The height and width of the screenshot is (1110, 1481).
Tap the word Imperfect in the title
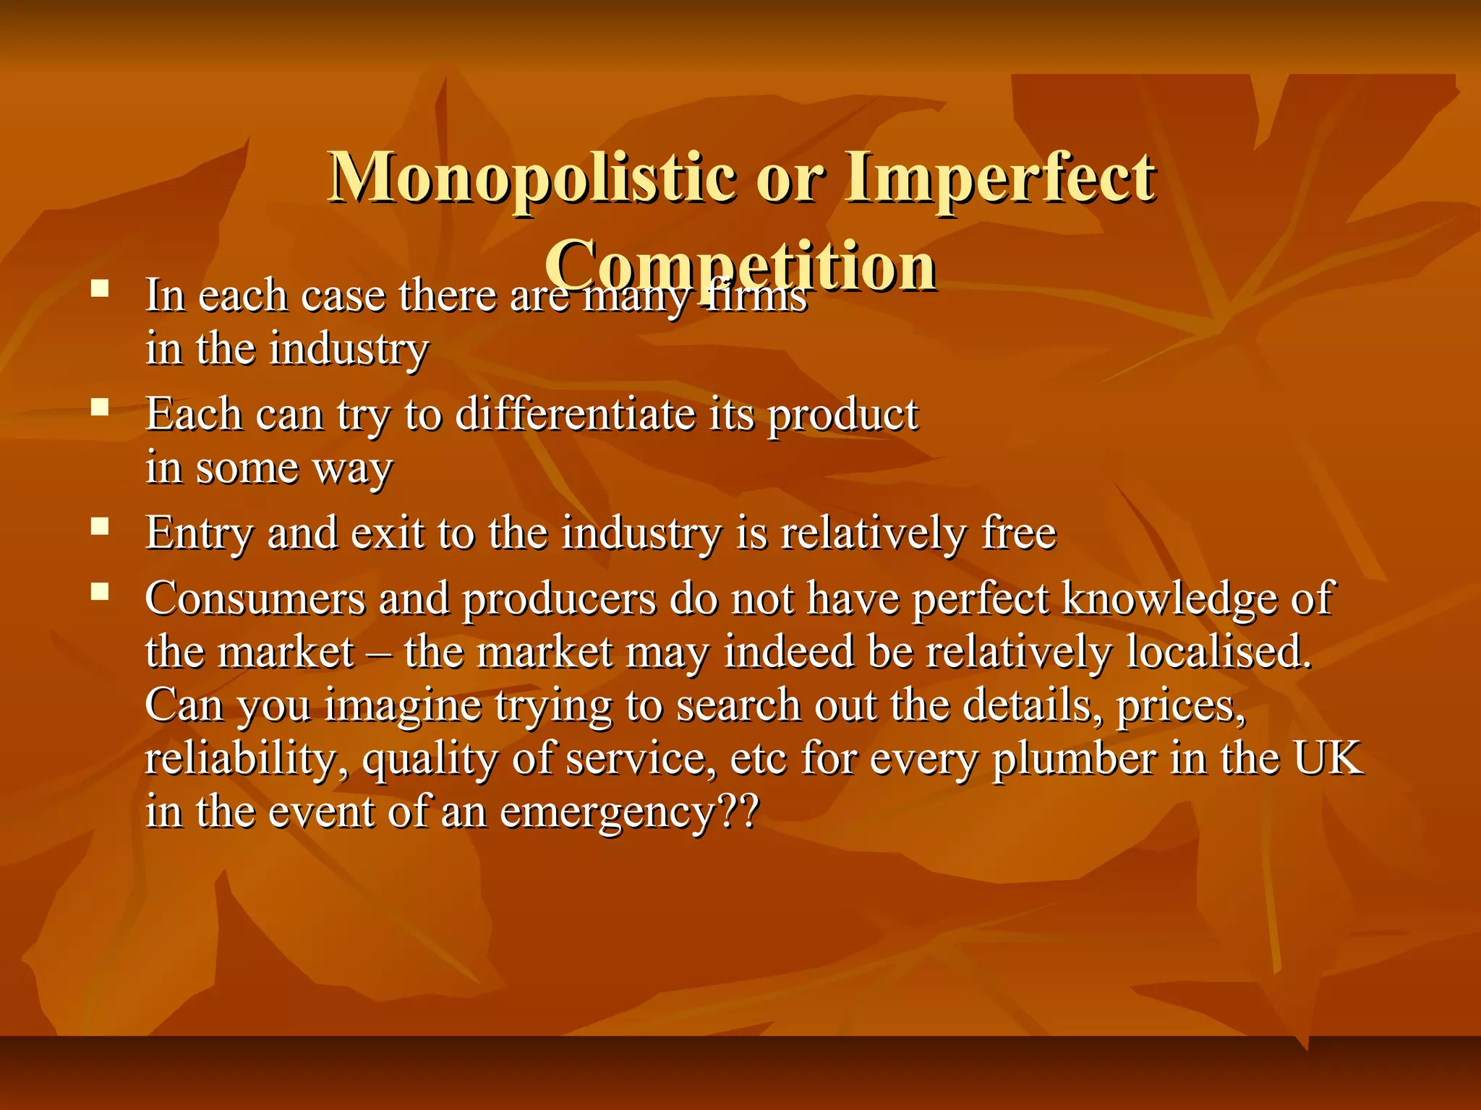(1001, 178)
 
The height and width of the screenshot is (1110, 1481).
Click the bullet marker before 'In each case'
(100, 289)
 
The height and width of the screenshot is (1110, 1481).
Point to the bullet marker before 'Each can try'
(100, 408)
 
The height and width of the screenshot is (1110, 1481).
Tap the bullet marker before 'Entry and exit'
(100, 526)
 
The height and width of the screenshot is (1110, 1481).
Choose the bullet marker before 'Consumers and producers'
(100, 593)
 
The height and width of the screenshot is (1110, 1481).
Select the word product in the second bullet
(843, 416)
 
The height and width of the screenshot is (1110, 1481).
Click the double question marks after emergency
(738, 811)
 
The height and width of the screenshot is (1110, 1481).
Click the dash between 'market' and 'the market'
(380, 653)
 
